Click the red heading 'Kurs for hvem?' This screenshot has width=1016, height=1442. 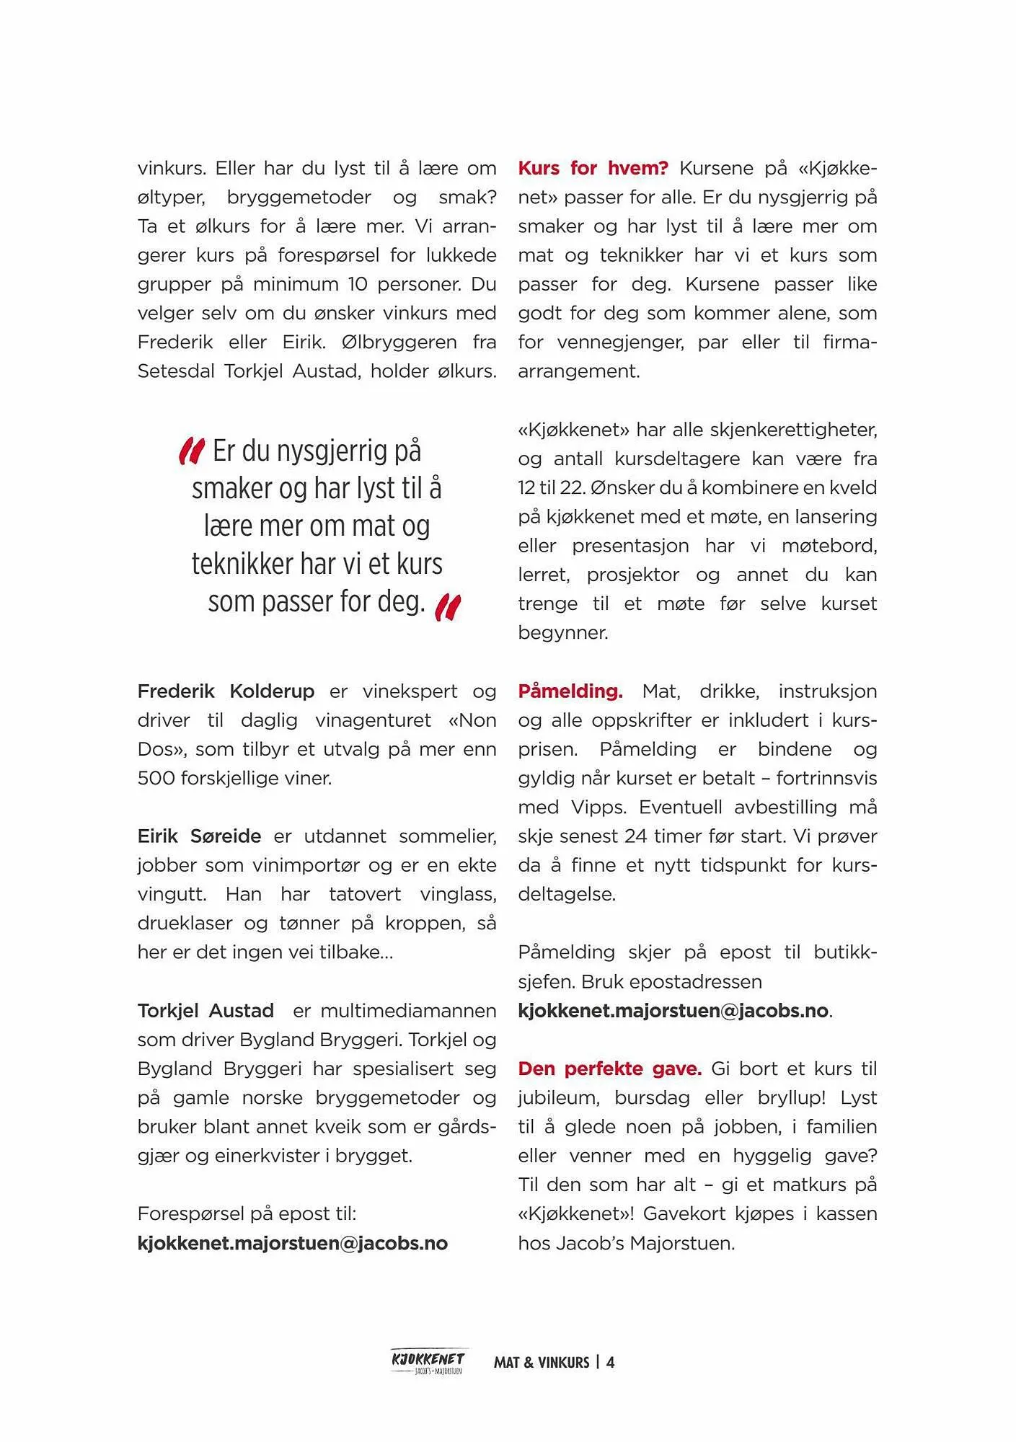click(593, 169)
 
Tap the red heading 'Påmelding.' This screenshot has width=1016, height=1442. click(570, 691)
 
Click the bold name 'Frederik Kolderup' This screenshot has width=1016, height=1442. click(226, 691)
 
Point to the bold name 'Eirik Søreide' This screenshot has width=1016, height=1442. click(199, 836)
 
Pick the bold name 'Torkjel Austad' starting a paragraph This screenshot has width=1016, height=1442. click(206, 1011)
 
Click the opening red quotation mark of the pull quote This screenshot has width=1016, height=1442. click(192, 451)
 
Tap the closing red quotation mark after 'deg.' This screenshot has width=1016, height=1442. click(448, 606)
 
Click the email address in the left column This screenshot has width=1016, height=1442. click(292, 1243)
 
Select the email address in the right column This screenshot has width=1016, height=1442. click(673, 1011)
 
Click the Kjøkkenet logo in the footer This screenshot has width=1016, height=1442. click(428, 1361)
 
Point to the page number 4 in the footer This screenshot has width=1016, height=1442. click(611, 1363)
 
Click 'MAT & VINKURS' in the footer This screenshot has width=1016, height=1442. click(542, 1363)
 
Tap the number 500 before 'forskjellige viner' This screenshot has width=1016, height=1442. click(156, 779)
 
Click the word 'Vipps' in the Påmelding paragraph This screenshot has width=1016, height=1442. click(596, 808)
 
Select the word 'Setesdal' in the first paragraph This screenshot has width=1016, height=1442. click(176, 371)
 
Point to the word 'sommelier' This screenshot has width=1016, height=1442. click(447, 836)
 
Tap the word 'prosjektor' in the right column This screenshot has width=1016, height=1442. click(632, 575)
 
